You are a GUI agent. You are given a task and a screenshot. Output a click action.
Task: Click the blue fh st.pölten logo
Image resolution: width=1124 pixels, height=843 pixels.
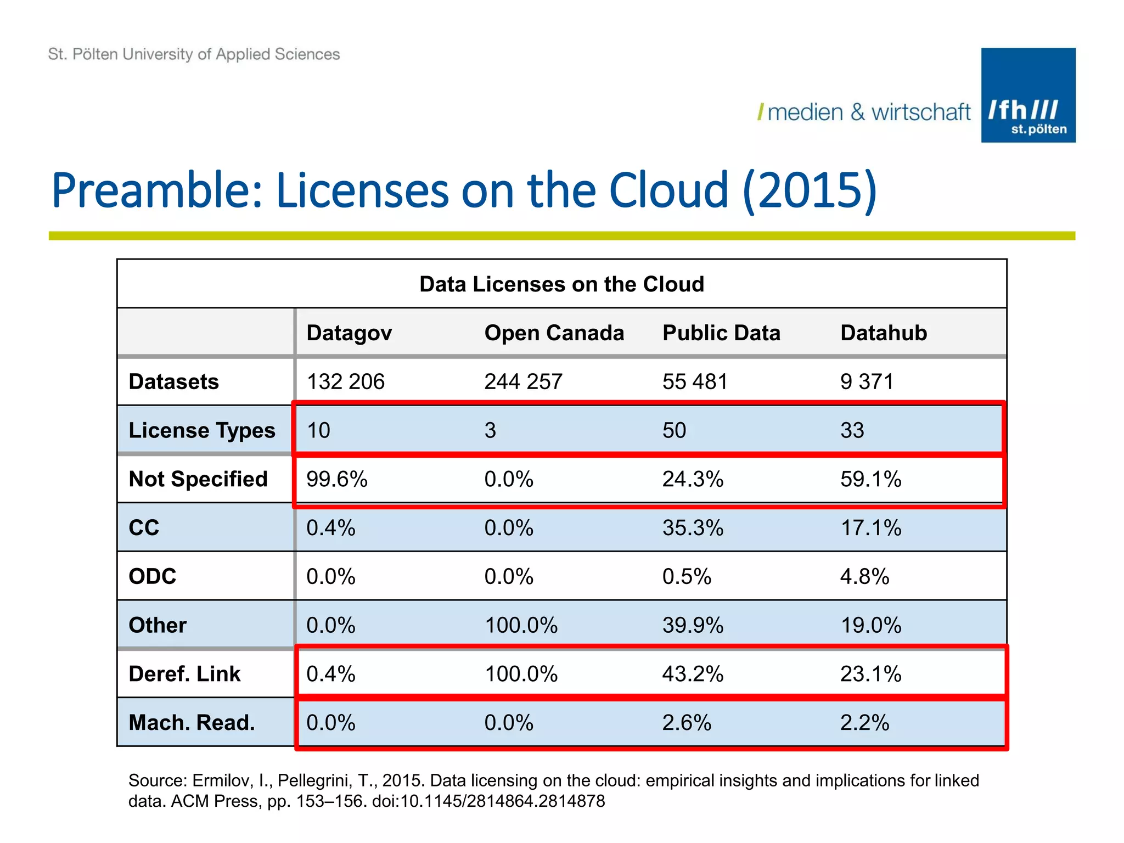click(1028, 95)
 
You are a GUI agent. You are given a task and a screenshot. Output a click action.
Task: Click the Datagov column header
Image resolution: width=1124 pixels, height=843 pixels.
click(349, 333)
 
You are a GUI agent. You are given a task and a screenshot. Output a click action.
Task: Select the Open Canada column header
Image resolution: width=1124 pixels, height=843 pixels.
click(554, 333)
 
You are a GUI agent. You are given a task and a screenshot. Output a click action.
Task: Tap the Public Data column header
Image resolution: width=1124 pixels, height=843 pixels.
click(721, 333)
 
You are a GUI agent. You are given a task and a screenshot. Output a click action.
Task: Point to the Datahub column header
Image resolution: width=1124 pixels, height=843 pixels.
click(883, 333)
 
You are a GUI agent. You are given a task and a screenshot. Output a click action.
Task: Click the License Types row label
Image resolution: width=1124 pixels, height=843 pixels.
click(201, 430)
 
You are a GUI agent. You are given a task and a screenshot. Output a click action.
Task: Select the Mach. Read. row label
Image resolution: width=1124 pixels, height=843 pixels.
click(192, 723)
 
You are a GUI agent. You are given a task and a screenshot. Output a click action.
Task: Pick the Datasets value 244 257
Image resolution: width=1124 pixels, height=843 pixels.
click(523, 382)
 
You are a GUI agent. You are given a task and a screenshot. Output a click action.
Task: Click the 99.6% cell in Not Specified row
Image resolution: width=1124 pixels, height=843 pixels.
click(336, 479)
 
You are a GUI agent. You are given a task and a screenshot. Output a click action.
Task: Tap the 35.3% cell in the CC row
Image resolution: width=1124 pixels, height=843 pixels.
click(693, 528)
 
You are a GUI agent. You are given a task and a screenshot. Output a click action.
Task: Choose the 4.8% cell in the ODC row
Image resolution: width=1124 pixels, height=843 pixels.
click(864, 577)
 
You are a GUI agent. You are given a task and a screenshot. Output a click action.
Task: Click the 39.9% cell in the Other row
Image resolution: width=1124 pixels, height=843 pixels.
click(693, 626)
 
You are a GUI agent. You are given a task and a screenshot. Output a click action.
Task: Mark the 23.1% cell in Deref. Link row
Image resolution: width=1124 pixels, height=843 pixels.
click(870, 674)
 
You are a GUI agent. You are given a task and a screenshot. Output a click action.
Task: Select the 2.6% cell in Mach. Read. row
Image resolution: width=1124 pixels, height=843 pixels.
click(687, 723)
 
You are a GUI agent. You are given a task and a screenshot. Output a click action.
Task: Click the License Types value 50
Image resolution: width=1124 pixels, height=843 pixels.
click(674, 430)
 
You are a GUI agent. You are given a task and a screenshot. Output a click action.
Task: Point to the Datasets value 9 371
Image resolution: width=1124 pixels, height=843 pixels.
click(867, 382)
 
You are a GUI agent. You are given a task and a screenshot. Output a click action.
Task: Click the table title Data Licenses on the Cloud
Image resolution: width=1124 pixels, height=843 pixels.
click(561, 284)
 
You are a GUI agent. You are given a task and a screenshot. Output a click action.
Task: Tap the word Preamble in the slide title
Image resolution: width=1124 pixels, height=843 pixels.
click(156, 191)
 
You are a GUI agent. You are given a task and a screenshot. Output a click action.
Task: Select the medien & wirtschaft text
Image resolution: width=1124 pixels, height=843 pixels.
click(868, 113)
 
